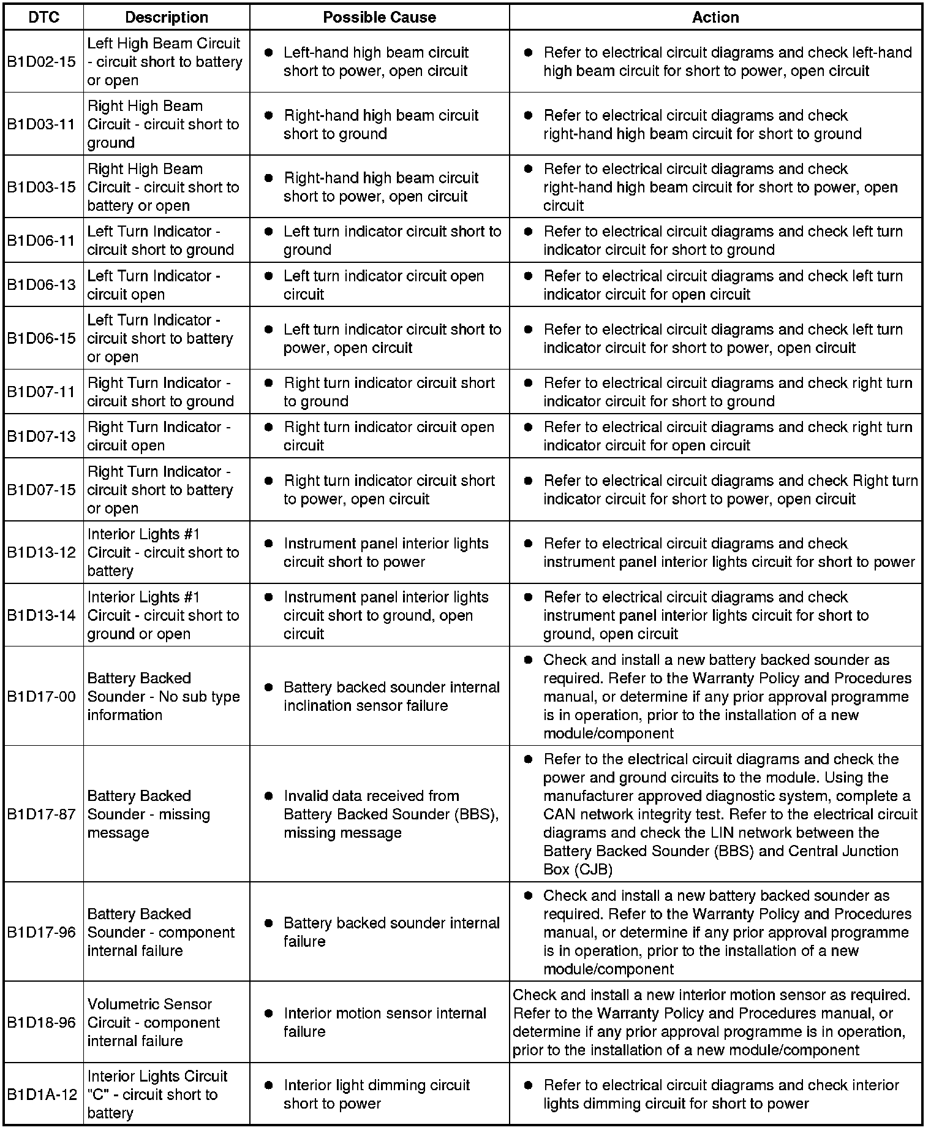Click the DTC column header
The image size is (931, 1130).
pyautogui.click(x=44, y=17)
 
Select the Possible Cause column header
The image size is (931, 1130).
pyautogui.click(x=379, y=17)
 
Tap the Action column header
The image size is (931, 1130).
pyautogui.click(x=715, y=17)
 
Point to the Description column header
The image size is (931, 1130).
pyautogui.click(x=166, y=17)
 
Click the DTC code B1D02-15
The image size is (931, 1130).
pyautogui.click(x=41, y=62)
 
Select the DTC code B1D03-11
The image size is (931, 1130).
pyautogui.click(x=41, y=124)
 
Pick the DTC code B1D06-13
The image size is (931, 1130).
pyautogui.click(x=41, y=285)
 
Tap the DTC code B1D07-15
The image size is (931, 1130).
pyautogui.click(x=41, y=490)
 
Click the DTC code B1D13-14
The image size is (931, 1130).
pyautogui.click(x=41, y=615)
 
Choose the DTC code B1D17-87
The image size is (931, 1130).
pyautogui.click(x=41, y=814)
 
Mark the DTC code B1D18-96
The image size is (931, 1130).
pyautogui.click(x=41, y=1023)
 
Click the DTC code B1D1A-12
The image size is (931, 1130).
pyautogui.click(x=41, y=1094)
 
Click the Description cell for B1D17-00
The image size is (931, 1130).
pyautogui.click(x=164, y=697)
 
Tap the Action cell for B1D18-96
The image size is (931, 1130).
pyautogui.click(x=711, y=1023)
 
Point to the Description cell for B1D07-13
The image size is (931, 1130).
pyautogui.click(x=159, y=436)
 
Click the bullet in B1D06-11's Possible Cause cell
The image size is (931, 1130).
pyautogui.click(x=268, y=232)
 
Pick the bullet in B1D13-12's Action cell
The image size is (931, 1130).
pyautogui.click(x=528, y=544)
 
